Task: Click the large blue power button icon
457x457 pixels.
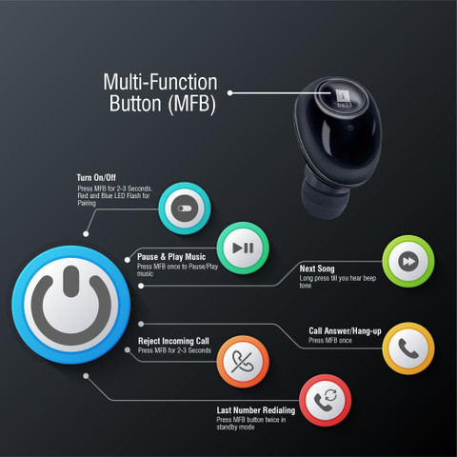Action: [71, 305]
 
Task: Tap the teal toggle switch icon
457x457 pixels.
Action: [185, 209]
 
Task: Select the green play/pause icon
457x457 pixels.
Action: [243, 248]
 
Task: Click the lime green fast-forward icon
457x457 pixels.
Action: [408, 261]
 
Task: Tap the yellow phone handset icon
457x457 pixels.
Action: [408, 348]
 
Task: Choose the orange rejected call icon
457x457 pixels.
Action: [243, 362]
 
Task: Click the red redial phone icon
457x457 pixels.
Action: [325, 401]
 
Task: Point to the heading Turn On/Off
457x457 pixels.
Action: [96, 177]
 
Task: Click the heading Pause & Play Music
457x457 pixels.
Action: [171, 257]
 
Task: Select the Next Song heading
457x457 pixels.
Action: [317, 268]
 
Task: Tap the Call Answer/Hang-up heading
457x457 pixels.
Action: [345, 331]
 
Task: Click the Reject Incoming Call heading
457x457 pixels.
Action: [173, 341]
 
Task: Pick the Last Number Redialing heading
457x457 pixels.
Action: [256, 410]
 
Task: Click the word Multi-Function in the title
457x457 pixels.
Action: [160, 82]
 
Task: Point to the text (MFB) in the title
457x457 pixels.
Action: [191, 104]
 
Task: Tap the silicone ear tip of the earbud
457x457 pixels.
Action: [325, 197]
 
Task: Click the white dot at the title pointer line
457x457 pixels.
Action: [230, 93]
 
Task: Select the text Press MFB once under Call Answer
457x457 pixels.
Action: [330, 341]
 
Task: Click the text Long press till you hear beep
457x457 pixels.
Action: [338, 278]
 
